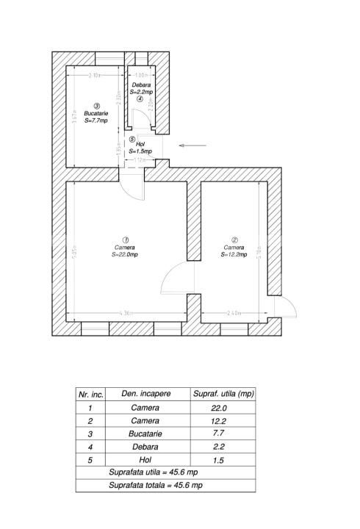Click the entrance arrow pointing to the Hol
(x=192, y=146)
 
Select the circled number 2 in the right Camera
(x=234, y=240)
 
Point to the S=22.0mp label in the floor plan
(x=126, y=255)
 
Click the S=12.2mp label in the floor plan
(x=234, y=255)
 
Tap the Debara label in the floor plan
(x=141, y=85)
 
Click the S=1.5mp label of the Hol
(x=140, y=151)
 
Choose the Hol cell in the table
(x=145, y=461)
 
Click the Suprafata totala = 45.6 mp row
(x=165, y=486)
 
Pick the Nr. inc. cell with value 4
(x=89, y=447)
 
